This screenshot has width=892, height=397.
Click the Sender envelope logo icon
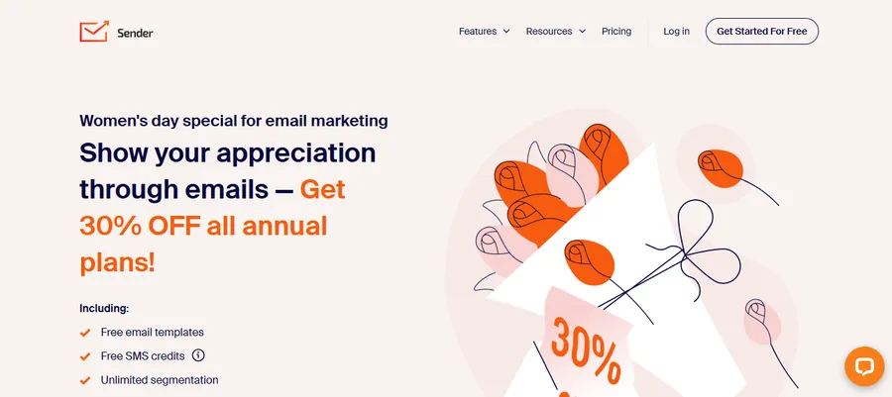coord(93,32)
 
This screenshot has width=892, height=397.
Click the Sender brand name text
coord(134,33)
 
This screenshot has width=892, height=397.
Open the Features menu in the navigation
coord(478,32)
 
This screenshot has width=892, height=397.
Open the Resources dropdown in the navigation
coord(549,32)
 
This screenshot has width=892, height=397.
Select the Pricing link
coord(616,32)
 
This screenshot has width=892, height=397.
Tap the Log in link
coord(677,32)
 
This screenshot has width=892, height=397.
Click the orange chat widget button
coord(864,366)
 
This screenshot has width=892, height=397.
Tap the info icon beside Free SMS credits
coord(198,355)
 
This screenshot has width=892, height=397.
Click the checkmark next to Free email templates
coord(85,333)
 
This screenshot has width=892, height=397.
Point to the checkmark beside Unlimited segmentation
coord(85,380)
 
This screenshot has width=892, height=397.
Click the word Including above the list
coord(104,309)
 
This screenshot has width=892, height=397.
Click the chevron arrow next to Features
coord(506,32)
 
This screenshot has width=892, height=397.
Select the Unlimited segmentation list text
coord(160,380)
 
